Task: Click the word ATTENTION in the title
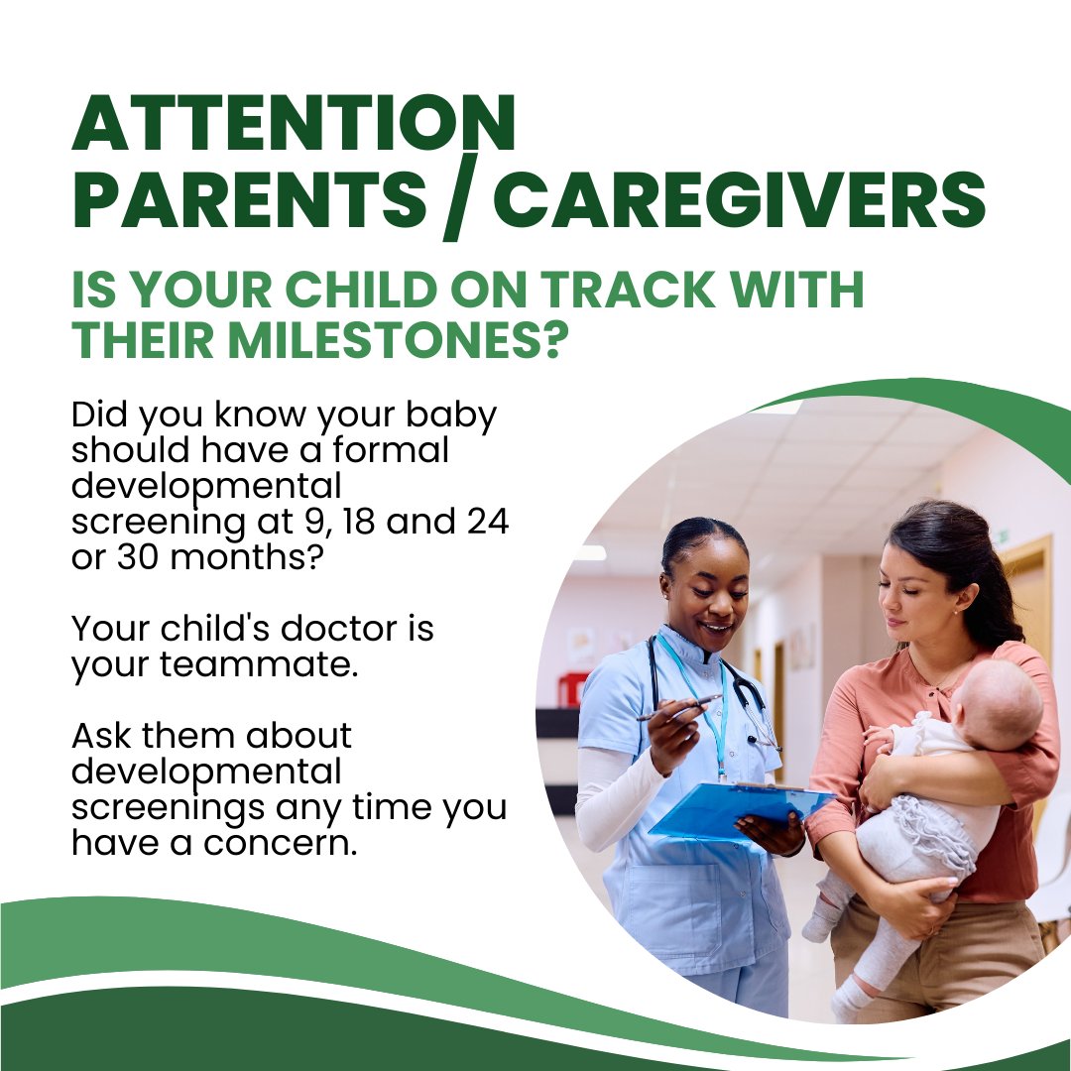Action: point(294,125)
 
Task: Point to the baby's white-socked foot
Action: point(821,921)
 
